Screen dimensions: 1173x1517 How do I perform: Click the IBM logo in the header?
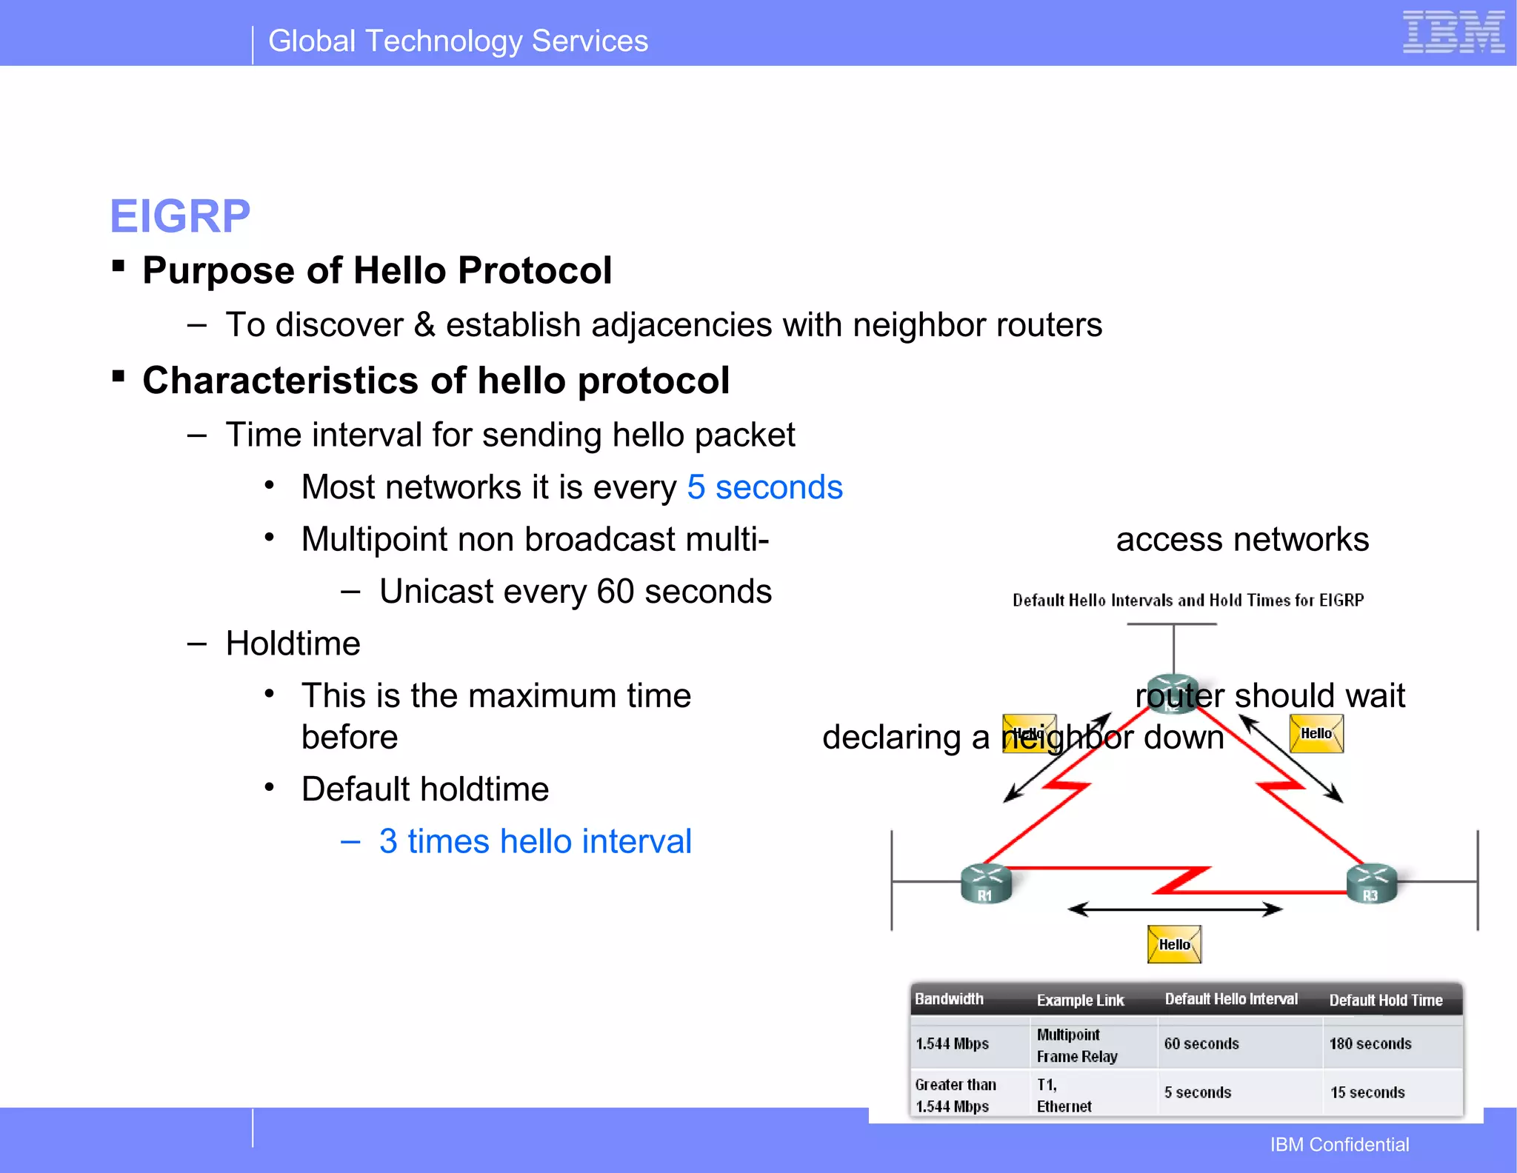tap(1453, 33)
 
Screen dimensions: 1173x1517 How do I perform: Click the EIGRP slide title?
tap(180, 216)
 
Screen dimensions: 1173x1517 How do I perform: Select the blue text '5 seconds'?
tap(764, 487)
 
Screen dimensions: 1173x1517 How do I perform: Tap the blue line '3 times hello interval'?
tap(535, 841)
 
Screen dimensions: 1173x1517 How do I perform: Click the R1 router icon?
tap(985, 883)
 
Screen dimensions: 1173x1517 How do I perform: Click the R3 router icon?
tap(1371, 883)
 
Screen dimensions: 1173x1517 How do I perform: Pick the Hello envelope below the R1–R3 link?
tap(1174, 944)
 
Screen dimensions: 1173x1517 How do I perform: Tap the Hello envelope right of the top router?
tap(1316, 733)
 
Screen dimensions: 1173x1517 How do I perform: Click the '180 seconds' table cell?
tap(1370, 1043)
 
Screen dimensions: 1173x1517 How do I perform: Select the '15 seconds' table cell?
tap(1367, 1092)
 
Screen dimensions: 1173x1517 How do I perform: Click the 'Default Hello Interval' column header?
tap(1230, 999)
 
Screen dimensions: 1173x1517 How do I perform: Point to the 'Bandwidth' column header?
tap(949, 999)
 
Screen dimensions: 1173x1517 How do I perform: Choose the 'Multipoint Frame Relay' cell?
tap(1076, 1045)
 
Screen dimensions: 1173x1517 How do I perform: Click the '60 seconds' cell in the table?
tap(1201, 1043)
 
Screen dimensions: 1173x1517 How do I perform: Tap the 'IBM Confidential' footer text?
tap(1339, 1145)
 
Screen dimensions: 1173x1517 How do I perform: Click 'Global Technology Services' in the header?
tap(458, 41)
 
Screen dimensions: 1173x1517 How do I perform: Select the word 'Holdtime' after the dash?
tap(293, 643)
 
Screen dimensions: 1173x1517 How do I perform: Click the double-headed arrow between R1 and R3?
tap(1174, 909)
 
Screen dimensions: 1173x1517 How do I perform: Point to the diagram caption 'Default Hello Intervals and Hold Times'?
tap(1187, 600)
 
